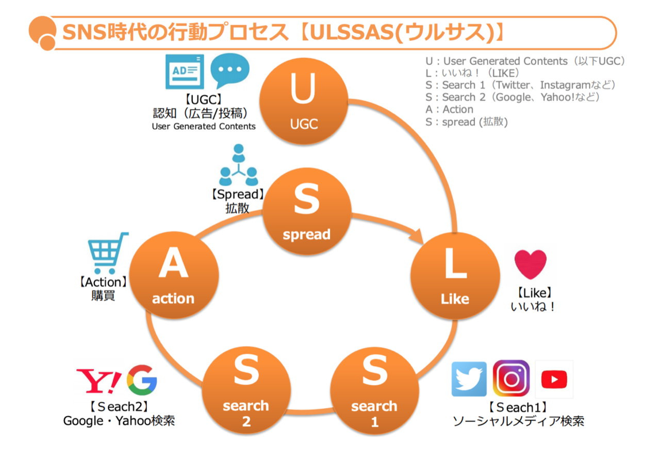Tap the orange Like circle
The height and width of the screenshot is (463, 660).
coord(454,275)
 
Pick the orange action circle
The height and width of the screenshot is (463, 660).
coord(173,276)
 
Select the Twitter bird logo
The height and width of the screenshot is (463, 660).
coord(469,379)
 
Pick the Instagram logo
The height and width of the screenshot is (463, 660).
coord(511,379)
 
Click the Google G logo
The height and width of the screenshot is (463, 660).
coord(142,380)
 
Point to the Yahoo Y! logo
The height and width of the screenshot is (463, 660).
coord(99,380)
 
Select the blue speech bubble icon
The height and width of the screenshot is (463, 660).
coord(230,71)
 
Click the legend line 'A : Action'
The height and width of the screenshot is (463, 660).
coord(450,110)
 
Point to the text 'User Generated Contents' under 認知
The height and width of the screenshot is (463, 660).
coord(204,126)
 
